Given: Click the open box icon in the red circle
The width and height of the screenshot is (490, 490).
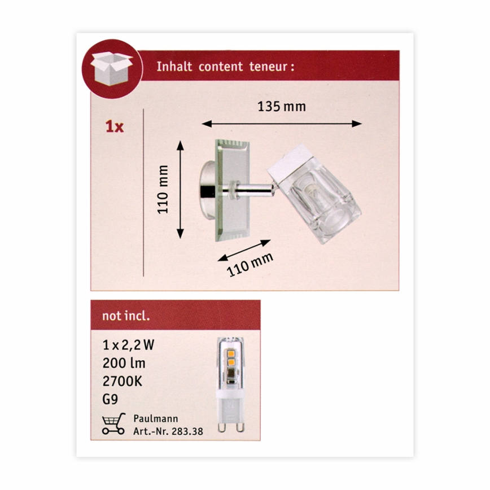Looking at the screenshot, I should (111, 68).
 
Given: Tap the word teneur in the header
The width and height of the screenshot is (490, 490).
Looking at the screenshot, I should (271, 66).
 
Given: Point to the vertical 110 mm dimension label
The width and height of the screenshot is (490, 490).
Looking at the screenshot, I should (163, 189).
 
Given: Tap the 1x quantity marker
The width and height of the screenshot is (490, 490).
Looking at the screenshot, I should (114, 126).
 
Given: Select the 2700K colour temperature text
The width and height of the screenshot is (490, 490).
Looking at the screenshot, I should (123, 382).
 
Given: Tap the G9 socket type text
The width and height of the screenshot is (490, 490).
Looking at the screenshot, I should (111, 400).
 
